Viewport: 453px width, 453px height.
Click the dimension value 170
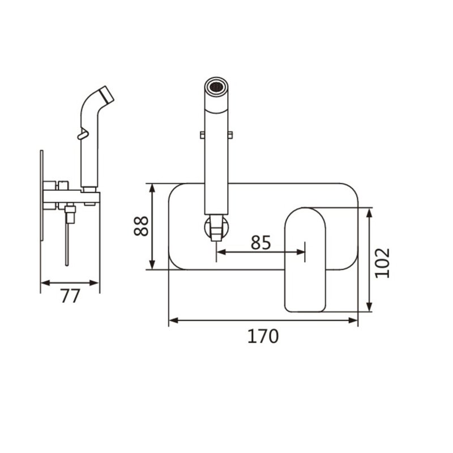pos(263,336)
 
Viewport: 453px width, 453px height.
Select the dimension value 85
pos(260,242)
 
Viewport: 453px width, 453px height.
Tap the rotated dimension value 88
pos(141,226)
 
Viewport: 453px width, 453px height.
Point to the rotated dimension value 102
pos(382,263)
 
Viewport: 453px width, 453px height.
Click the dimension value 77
pos(70,296)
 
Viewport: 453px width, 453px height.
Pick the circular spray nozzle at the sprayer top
pos(216,86)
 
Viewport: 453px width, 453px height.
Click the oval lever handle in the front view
pos(305,260)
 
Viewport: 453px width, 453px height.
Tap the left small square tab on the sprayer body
pos(202,135)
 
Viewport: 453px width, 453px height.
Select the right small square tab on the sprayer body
pos(230,135)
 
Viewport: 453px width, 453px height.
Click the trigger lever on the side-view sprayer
pos(83,135)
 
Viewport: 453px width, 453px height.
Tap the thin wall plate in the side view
pos(41,195)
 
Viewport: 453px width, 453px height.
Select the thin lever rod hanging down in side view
pos(67,245)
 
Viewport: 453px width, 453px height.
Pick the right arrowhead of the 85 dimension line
pos(301,252)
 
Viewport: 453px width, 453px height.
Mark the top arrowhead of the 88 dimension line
pos(152,188)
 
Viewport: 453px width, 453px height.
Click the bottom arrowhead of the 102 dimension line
pos(369,307)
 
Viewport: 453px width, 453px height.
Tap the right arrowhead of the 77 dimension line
pos(95,283)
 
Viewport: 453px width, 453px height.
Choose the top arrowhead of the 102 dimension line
pos(369,212)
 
